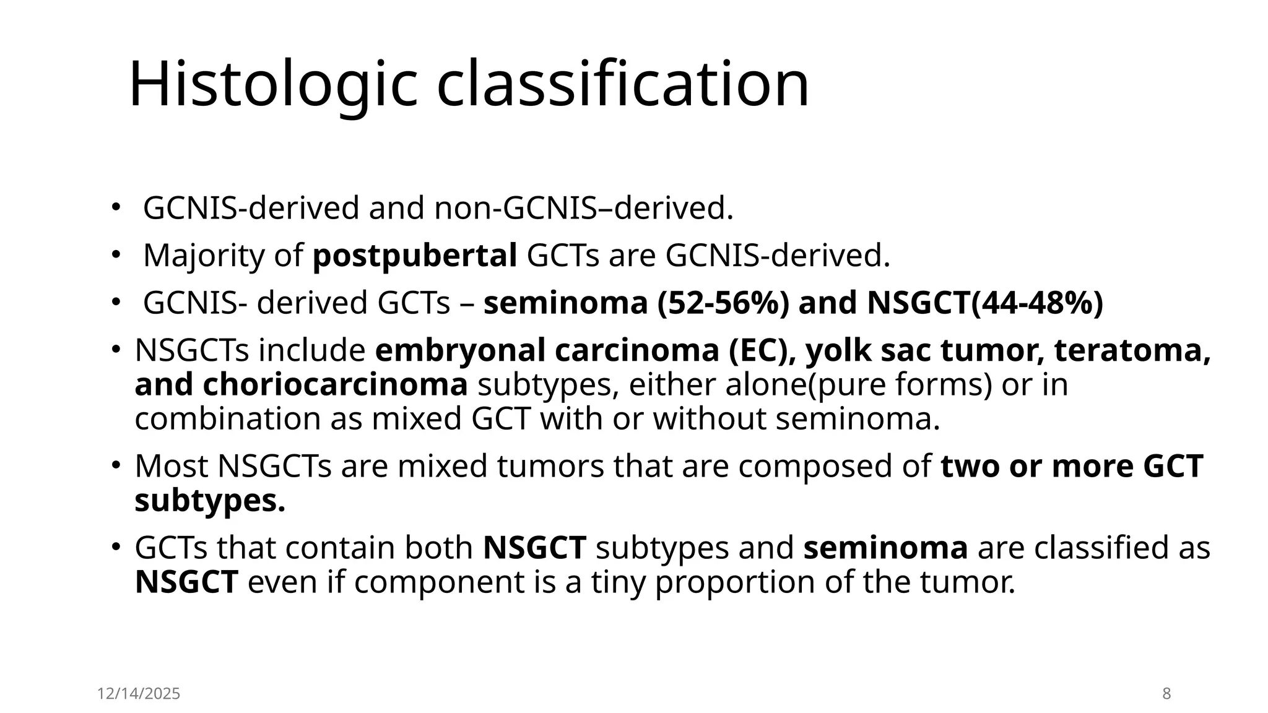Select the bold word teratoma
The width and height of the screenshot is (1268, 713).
click(x=1132, y=350)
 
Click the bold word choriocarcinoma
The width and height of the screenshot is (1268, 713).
click(x=335, y=384)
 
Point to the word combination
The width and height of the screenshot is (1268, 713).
click(x=227, y=418)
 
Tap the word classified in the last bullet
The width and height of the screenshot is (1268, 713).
click(x=1105, y=548)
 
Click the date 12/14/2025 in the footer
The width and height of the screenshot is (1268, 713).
click(x=139, y=694)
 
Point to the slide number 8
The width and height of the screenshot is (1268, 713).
click(x=1166, y=694)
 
